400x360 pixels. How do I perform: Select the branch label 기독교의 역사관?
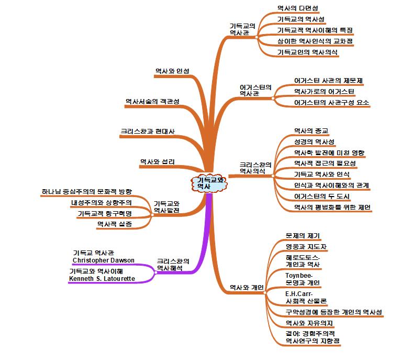point(242,29)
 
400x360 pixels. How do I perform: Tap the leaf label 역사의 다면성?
point(297,8)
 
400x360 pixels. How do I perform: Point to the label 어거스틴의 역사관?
point(255,90)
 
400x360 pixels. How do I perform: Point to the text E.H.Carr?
point(296,294)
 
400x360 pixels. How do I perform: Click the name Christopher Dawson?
point(103,260)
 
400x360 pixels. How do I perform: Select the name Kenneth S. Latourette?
point(102,279)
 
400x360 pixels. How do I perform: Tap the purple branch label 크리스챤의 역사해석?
point(173,265)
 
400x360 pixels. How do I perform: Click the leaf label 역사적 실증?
point(115,224)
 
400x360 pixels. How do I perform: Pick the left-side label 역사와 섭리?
point(157,161)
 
